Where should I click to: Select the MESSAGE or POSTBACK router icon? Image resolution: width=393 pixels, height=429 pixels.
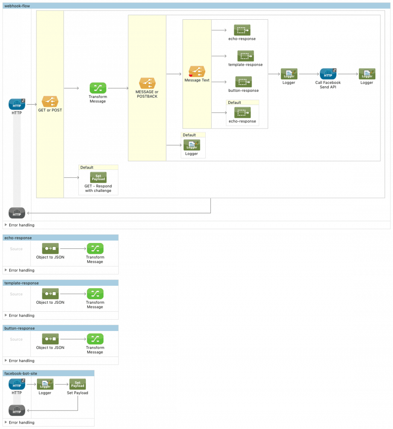point(147,83)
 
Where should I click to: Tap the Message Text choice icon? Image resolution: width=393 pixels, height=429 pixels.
point(197,71)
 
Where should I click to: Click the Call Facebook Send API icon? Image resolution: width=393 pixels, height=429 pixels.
point(328,74)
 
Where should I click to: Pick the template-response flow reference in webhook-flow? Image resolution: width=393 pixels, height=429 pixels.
point(246,56)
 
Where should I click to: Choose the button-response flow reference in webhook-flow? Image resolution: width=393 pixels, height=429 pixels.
point(243,82)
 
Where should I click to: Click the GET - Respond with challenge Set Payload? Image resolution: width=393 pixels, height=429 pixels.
point(98,177)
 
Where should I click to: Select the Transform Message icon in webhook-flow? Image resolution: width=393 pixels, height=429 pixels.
point(98,88)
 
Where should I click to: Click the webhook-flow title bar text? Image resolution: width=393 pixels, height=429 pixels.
point(17,5)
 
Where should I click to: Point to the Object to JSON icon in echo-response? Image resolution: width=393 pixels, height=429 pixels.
point(50,248)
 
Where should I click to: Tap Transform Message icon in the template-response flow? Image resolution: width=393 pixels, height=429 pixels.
point(95,294)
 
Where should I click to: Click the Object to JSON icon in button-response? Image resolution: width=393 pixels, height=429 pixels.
point(50,339)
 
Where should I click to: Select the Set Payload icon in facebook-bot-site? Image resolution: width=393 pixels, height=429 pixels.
point(78,384)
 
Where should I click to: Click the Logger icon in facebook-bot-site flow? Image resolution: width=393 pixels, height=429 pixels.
point(45,384)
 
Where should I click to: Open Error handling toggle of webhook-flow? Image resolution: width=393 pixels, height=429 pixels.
point(6,225)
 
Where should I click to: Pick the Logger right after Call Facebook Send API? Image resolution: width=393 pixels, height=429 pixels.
point(367,74)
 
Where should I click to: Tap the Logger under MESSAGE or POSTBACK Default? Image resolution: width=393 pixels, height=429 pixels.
point(191,145)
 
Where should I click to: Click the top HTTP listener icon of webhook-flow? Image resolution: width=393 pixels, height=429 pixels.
point(17,104)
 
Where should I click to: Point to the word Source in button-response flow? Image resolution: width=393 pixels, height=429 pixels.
point(16,339)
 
